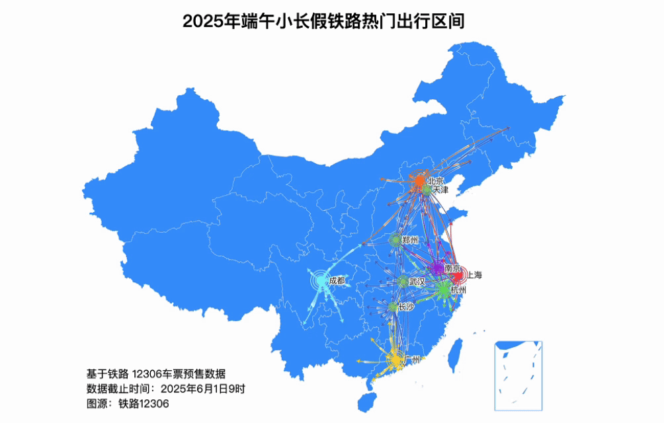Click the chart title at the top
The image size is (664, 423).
(323, 21)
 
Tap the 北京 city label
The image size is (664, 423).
(435, 180)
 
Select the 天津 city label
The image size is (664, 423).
(440, 190)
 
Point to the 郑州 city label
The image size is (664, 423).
(410, 240)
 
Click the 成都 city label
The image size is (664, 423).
(337, 280)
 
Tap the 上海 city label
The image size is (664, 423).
(475, 275)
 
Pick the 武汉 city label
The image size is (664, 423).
(417, 282)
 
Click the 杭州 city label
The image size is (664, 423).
(458, 290)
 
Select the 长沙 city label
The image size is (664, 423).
(406, 307)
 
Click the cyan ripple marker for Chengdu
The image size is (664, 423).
(320, 281)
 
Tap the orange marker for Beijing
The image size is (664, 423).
(419, 180)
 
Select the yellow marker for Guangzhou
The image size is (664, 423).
(395, 360)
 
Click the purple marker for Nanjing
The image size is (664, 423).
(438, 268)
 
